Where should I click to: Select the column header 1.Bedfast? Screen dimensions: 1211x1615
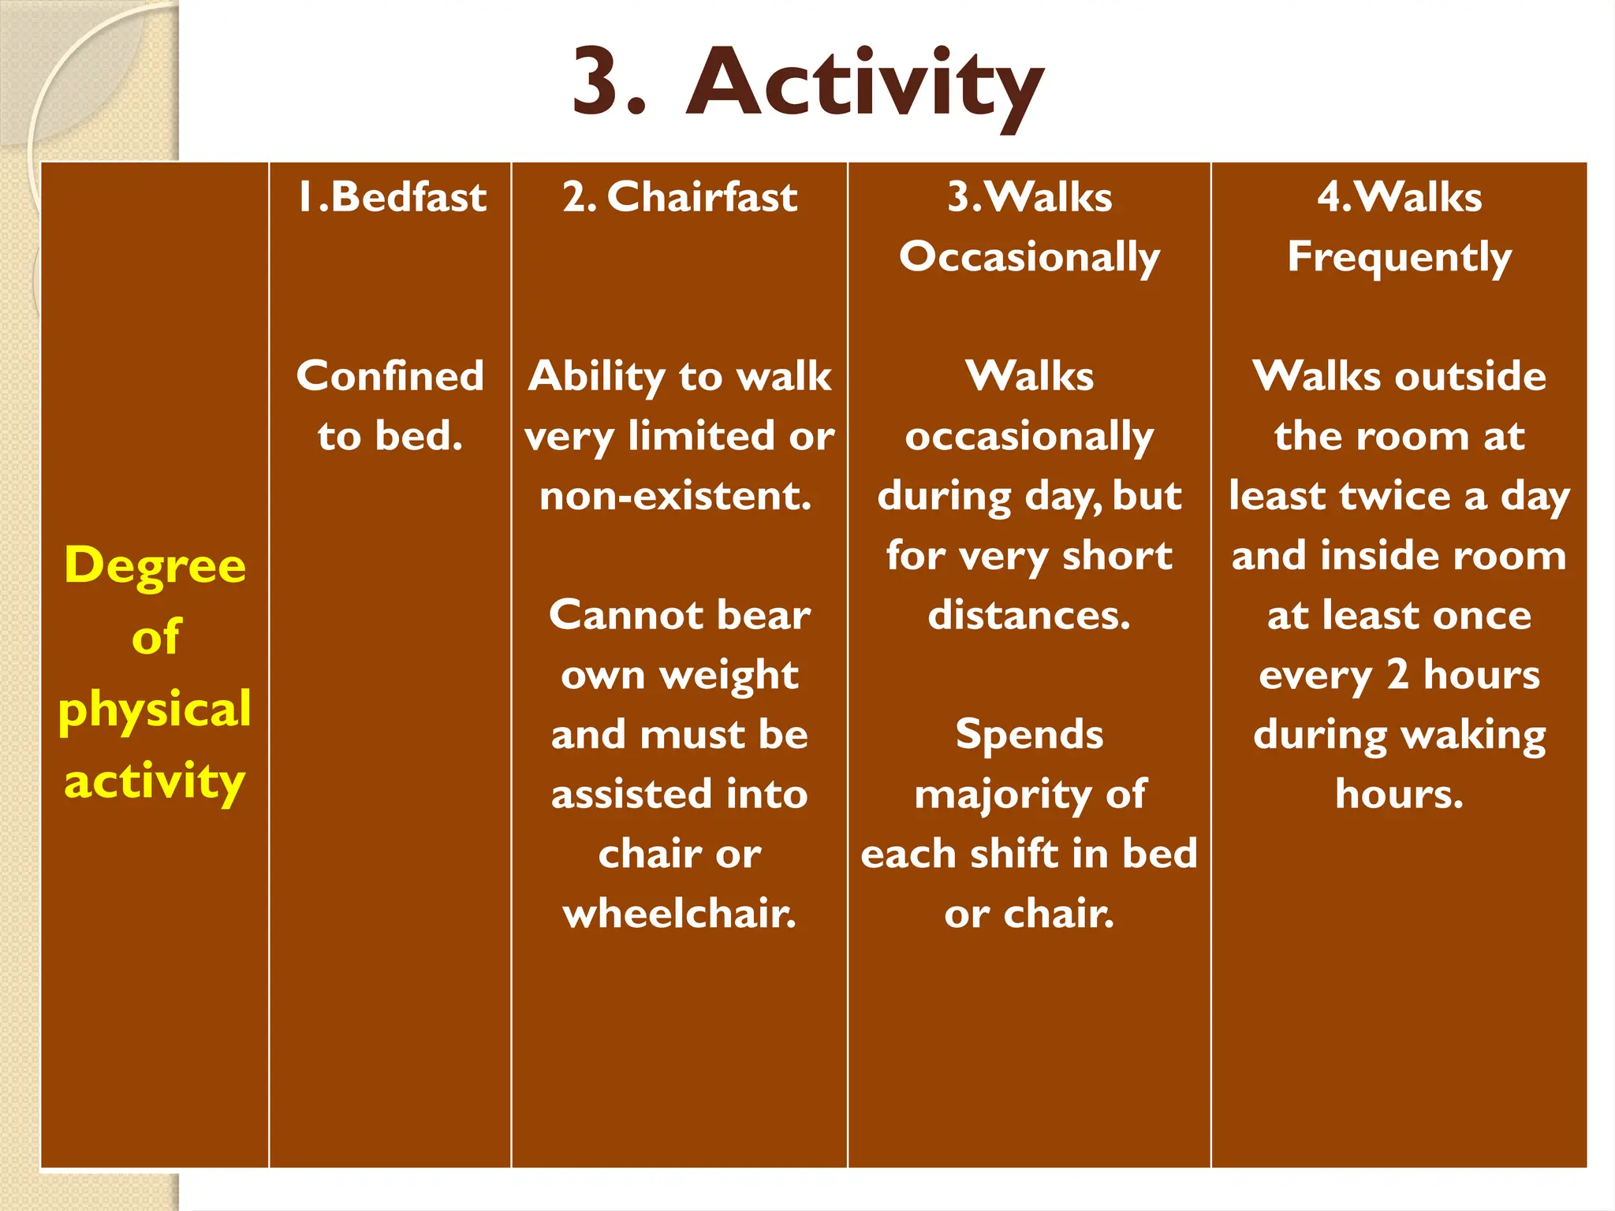[x=392, y=197]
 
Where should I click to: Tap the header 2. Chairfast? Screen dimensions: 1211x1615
[x=680, y=197]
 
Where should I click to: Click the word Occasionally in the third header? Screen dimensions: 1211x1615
[x=1029, y=257]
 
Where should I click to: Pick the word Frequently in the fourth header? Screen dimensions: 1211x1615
[x=1399, y=257]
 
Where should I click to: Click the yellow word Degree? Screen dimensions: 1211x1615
[x=155, y=566]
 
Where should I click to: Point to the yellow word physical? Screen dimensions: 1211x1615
[x=155, y=709]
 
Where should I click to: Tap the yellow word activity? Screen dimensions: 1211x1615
[x=155, y=781]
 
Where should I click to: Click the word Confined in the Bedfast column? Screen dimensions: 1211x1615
[x=390, y=376]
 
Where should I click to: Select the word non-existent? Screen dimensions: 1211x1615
[x=675, y=496]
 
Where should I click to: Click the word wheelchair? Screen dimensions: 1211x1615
[x=679, y=914]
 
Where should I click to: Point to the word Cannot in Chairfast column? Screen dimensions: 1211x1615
[x=613, y=615]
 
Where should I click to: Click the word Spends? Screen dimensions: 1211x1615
[x=1029, y=735]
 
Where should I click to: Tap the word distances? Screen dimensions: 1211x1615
[x=1029, y=615]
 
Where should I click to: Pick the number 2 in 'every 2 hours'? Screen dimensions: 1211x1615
[x=1397, y=675]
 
